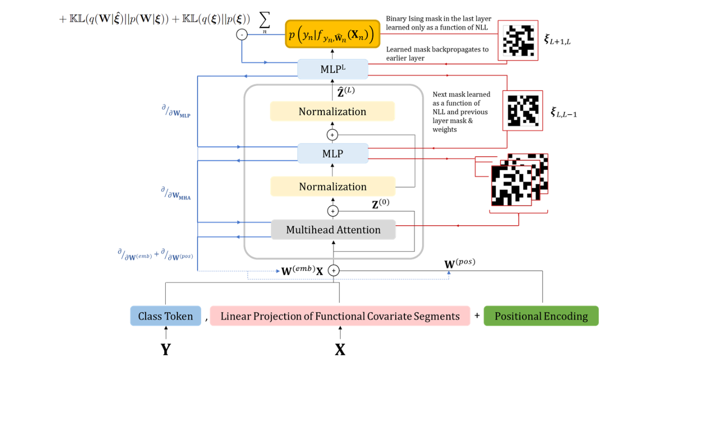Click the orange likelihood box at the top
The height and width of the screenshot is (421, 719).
(x=332, y=35)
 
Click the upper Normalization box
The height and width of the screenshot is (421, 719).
(x=332, y=112)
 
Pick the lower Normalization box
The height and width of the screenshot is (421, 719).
(x=332, y=186)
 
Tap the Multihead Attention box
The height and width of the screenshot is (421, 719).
(x=333, y=230)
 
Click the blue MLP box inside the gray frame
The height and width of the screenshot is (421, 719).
(x=332, y=153)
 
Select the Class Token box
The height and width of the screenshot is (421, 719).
(x=166, y=316)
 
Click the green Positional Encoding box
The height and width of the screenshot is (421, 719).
(x=541, y=316)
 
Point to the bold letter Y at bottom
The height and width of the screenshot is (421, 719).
(x=166, y=349)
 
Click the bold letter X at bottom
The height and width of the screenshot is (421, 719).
(x=340, y=349)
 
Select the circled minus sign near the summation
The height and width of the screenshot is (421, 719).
(x=242, y=35)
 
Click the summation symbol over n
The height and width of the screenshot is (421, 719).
(x=264, y=22)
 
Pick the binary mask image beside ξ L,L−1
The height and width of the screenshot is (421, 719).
(x=522, y=110)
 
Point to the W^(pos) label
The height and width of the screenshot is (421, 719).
(x=460, y=263)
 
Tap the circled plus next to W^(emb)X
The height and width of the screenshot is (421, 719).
(x=333, y=271)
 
